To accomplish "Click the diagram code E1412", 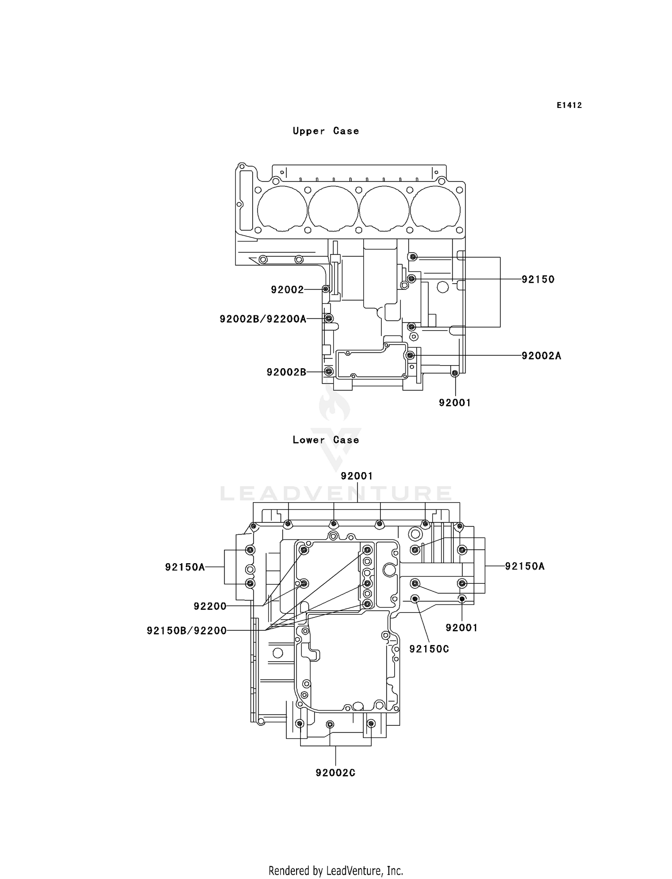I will click(569, 105).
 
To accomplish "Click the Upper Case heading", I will click(326, 131).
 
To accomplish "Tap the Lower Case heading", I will click(326, 439).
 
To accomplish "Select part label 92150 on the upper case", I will click(538, 279).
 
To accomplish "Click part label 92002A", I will click(541, 356).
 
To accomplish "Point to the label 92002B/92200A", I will click(263, 319).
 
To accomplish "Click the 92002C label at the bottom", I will click(335, 772).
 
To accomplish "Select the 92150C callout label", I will click(429, 648).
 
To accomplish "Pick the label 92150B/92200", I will click(186, 630).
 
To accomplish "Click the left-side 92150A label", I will click(185, 567).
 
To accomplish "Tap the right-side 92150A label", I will click(525, 566).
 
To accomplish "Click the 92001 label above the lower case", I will click(357, 476).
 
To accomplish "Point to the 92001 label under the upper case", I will click(455, 402).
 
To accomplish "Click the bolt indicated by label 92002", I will click(326, 289).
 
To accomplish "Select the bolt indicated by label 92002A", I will click(410, 355).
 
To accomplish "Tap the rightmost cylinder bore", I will click(435, 208).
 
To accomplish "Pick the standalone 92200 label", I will click(210, 606).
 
